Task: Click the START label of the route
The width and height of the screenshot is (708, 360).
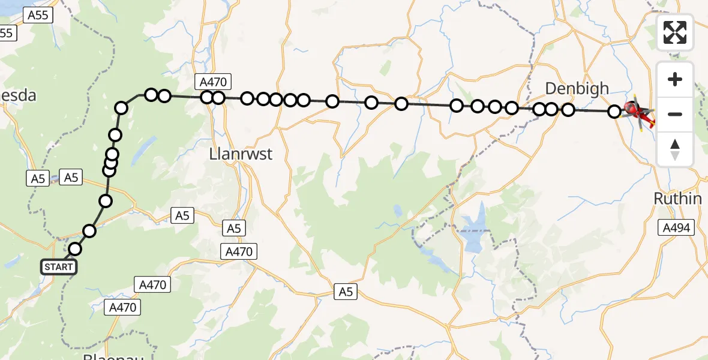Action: coord(59,267)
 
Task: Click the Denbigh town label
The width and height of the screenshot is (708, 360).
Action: coord(577,89)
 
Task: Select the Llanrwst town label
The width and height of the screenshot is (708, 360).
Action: coord(241,154)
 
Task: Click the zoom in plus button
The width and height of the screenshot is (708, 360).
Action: coord(675,79)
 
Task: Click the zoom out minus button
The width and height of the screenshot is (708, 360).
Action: coord(675,114)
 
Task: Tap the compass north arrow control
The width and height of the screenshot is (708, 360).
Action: coord(675,149)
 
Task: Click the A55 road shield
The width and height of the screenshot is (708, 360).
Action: coord(37,16)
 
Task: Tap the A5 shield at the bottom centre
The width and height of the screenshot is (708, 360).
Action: coord(345,292)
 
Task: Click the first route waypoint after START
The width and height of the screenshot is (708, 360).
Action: coord(75,249)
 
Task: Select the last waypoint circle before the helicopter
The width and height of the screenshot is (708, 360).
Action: coord(614,111)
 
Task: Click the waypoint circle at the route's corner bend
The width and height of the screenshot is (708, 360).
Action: coord(122,108)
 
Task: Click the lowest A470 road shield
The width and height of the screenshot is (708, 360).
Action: coord(124,308)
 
